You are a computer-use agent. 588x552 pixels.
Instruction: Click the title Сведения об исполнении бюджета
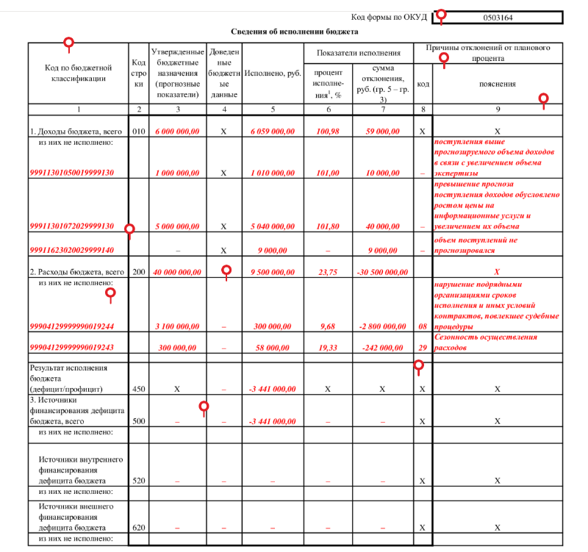coord(294,32)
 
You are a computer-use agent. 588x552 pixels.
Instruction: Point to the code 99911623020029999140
coord(71,250)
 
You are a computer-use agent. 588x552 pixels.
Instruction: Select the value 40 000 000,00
coord(176,272)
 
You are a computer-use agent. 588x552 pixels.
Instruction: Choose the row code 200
coord(138,272)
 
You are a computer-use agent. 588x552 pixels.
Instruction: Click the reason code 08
coord(422,326)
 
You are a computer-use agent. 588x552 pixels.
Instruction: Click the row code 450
coord(138,388)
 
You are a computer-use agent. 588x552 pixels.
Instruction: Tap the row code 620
coord(138,528)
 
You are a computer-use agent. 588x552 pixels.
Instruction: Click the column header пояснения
coord(498,84)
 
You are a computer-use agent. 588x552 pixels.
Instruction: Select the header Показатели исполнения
coord(359,53)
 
